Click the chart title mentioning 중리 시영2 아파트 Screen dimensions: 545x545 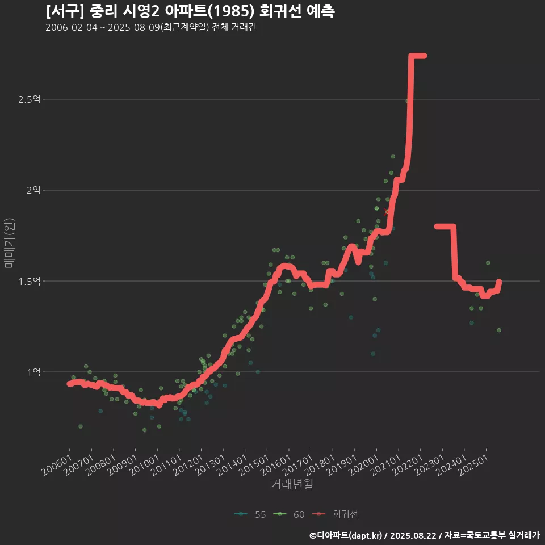pos(190,11)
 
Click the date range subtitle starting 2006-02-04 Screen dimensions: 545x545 pos(150,28)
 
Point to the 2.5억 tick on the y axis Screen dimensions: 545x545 pos(29,99)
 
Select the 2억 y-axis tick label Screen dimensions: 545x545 pos(33,190)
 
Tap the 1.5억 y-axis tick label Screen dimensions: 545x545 pos(29,281)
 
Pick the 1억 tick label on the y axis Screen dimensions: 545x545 pos(33,372)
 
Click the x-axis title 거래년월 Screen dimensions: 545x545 pos(292,484)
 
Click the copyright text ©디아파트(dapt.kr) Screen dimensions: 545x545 pos(346,535)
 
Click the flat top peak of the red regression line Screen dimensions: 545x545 pos(418,56)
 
